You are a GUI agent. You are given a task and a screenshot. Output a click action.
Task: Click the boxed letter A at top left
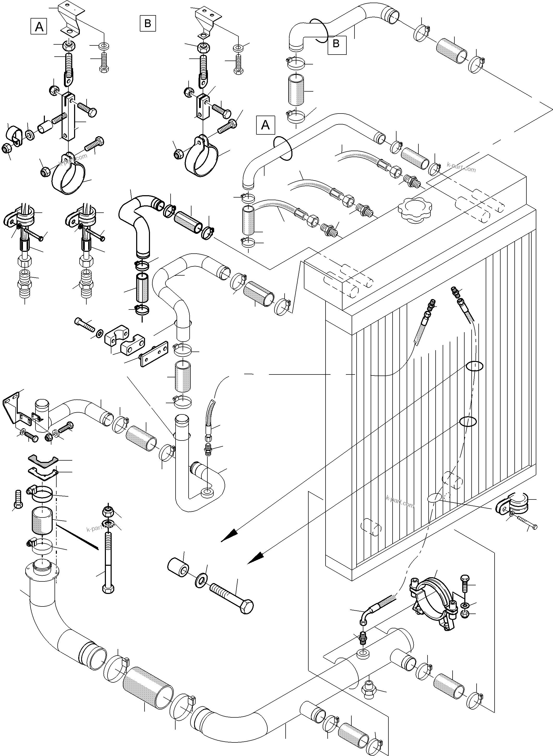point(39,26)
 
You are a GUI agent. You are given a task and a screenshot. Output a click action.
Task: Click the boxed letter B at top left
point(148,23)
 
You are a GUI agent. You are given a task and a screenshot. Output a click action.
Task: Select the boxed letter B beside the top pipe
point(336,44)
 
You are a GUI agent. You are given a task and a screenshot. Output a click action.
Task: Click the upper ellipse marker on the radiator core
point(474,366)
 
